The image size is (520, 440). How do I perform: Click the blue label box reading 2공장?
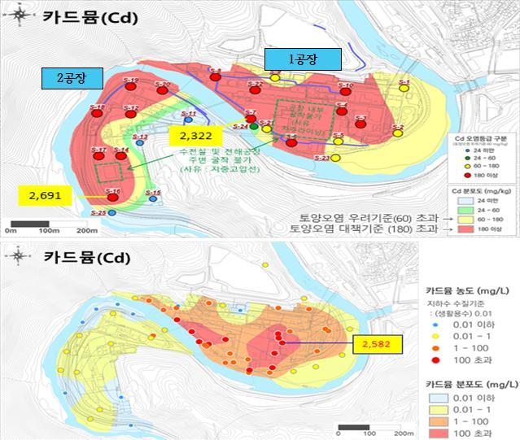point(70,77)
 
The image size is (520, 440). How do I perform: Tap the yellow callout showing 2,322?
point(197,133)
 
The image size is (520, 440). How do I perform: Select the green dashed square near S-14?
point(111,172)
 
